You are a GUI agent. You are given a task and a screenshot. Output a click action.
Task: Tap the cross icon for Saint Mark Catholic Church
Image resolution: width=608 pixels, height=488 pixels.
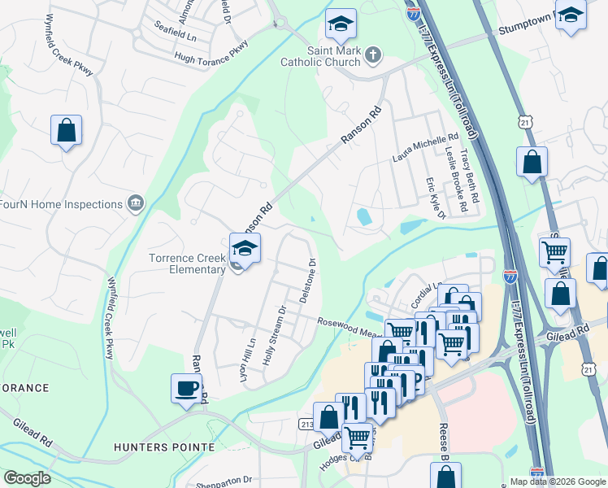(x=373, y=55)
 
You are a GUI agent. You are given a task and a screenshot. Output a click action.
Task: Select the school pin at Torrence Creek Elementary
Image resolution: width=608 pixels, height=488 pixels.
(x=245, y=246)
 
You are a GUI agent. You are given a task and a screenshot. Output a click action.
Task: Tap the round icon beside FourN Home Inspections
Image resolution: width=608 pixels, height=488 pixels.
(x=136, y=203)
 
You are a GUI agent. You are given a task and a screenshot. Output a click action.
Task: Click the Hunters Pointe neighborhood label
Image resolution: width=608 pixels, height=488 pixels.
(x=164, y=447)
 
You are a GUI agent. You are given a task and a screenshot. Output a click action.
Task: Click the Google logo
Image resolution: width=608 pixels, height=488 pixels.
(x=27, y=478)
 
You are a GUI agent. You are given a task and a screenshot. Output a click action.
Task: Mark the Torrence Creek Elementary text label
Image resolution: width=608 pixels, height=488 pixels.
(x=187, y=264)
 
